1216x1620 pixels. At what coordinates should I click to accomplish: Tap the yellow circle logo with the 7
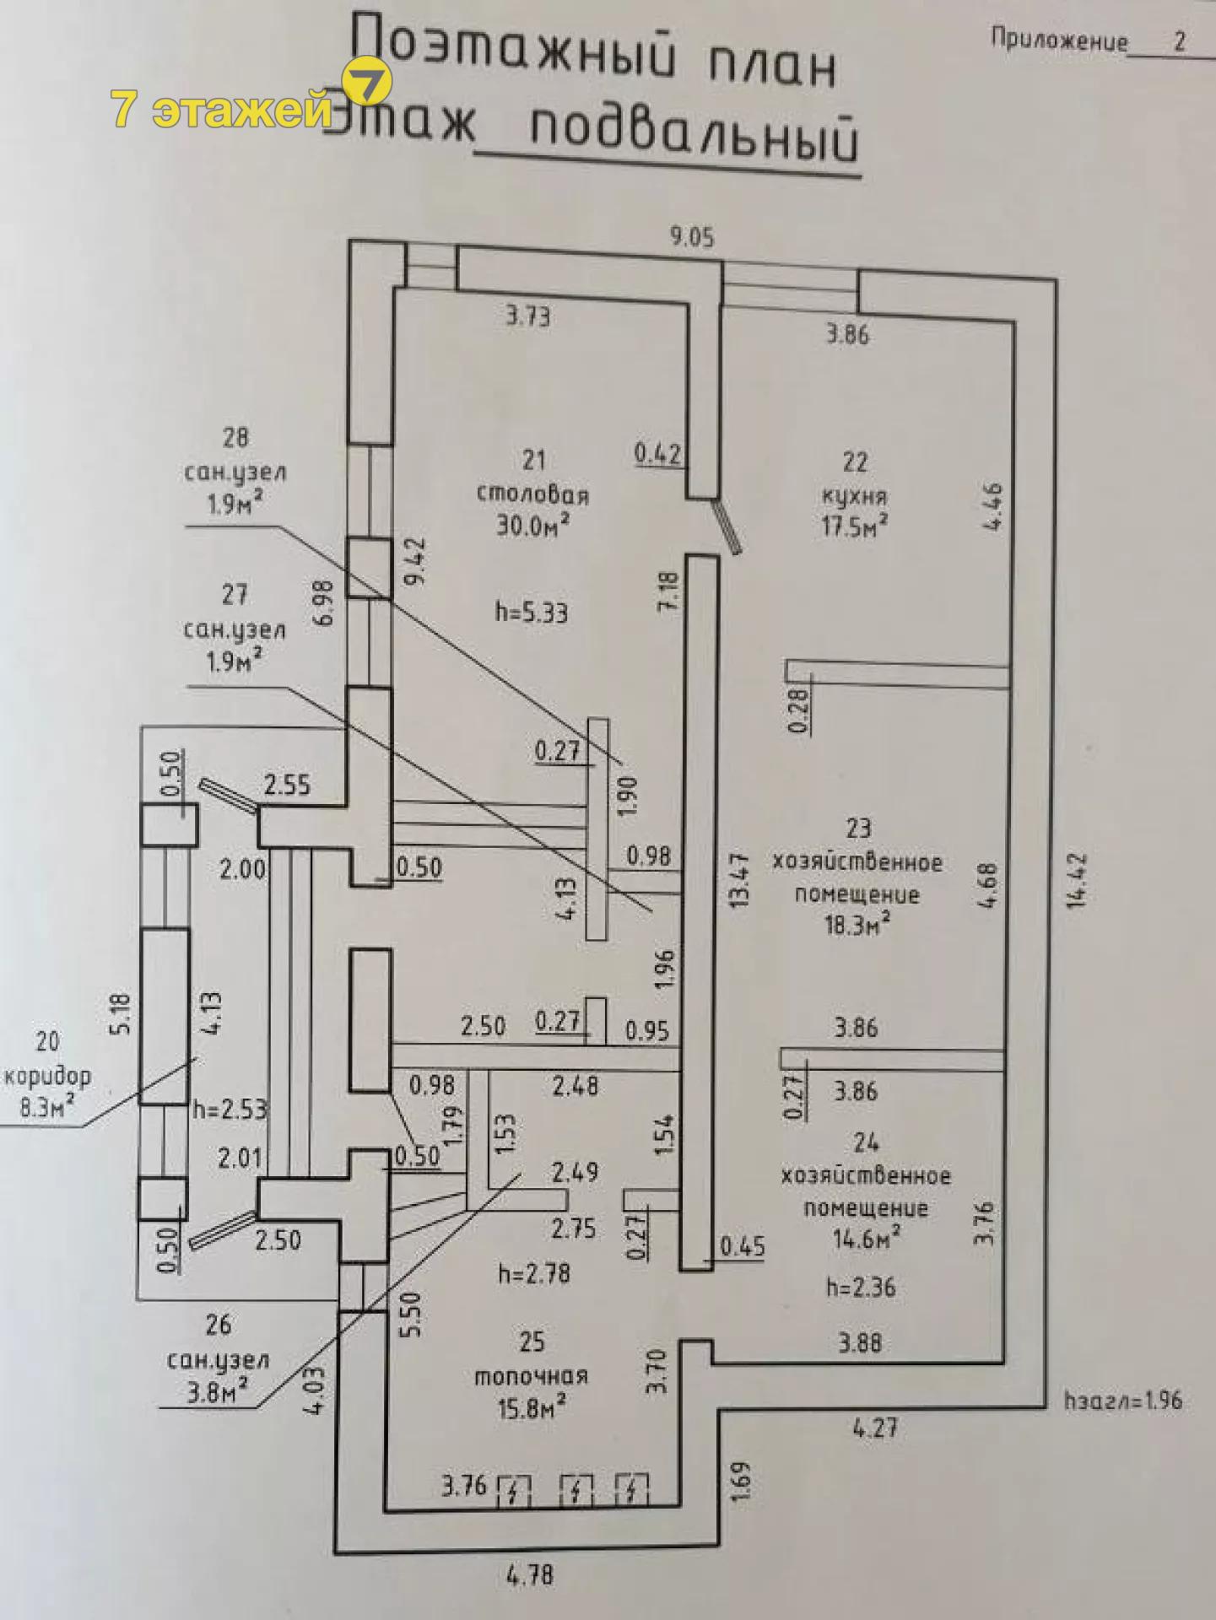[367, 83]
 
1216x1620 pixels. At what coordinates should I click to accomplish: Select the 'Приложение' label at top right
[1059, 40]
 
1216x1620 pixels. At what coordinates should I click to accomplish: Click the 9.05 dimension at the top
[692, 237]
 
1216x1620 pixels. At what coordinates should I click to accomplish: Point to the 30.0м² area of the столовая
[532, 525]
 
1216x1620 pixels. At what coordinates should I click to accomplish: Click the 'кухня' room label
[854, 495]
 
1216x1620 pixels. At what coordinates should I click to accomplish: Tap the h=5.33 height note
[531, 612]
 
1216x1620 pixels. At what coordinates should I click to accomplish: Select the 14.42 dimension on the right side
[1076, 879]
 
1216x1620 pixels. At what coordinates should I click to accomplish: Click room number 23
[858, 828]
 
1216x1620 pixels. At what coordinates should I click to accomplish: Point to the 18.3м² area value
[857, 925]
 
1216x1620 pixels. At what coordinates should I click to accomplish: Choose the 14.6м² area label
[865, 1239]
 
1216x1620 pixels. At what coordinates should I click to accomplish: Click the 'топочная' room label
[531, 1376]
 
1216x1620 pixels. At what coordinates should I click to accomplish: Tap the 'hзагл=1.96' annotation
[1123, 1401]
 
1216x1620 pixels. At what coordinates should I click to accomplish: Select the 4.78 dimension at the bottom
[530, 1575]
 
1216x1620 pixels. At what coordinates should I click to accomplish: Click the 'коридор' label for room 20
[48, 1076]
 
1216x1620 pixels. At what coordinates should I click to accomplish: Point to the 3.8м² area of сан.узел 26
[218, 1392]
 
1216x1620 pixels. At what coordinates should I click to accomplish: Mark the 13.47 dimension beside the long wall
[740, 879]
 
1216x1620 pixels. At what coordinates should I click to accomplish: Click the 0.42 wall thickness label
[657, 454]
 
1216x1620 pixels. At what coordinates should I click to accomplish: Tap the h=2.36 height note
[861, 1288]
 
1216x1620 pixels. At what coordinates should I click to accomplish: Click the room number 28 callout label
[235, 437]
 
